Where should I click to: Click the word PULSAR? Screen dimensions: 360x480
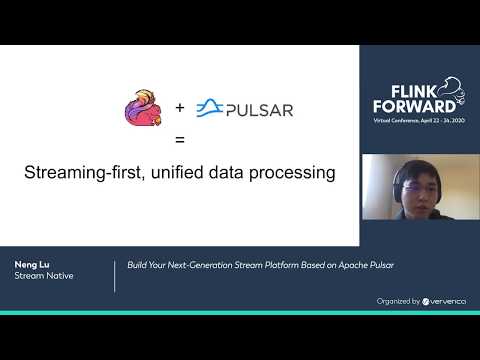tap(259, 109)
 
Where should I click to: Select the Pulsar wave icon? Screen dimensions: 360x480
tap(209, 108)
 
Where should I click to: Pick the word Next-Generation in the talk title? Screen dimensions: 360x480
tap(200, 265)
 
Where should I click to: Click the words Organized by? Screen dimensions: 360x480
tap(397, 299)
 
